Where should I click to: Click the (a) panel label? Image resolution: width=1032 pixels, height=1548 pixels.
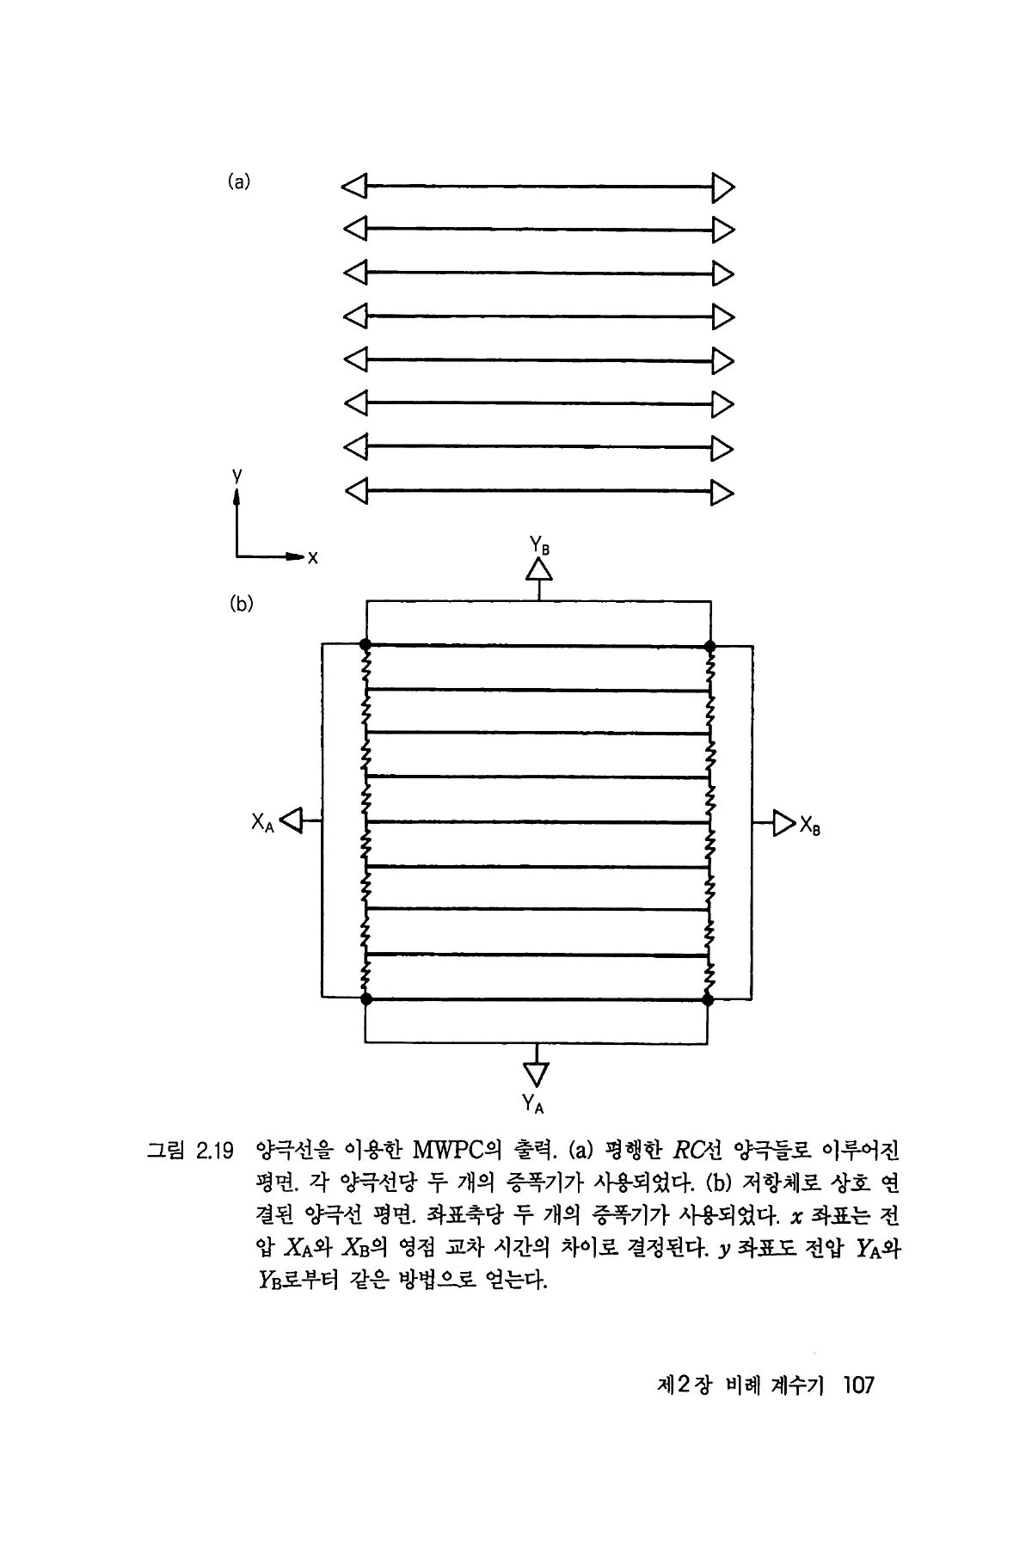239,181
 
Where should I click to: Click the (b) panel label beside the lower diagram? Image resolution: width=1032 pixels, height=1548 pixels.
242,604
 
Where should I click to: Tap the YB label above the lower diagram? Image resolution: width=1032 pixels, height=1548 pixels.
540,545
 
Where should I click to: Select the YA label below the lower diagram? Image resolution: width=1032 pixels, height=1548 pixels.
533,1102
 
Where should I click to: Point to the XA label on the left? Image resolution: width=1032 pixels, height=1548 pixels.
262,823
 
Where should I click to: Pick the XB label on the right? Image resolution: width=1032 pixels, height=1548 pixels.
810,825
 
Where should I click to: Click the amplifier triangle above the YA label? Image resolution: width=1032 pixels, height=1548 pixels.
536,1073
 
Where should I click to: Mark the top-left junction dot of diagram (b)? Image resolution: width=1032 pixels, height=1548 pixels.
365,644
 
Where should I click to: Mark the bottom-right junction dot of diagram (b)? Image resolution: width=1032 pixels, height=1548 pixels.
708,999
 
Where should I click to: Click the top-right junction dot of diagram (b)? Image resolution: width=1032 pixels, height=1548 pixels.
709,645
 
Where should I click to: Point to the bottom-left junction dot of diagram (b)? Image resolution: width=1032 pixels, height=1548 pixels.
366,999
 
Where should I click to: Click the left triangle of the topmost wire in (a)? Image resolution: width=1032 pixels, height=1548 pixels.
354,185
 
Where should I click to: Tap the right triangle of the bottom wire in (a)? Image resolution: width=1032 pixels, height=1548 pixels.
723,492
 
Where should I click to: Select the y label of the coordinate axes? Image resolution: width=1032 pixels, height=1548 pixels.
236,474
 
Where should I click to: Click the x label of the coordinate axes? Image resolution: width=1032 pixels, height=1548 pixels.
313,558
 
